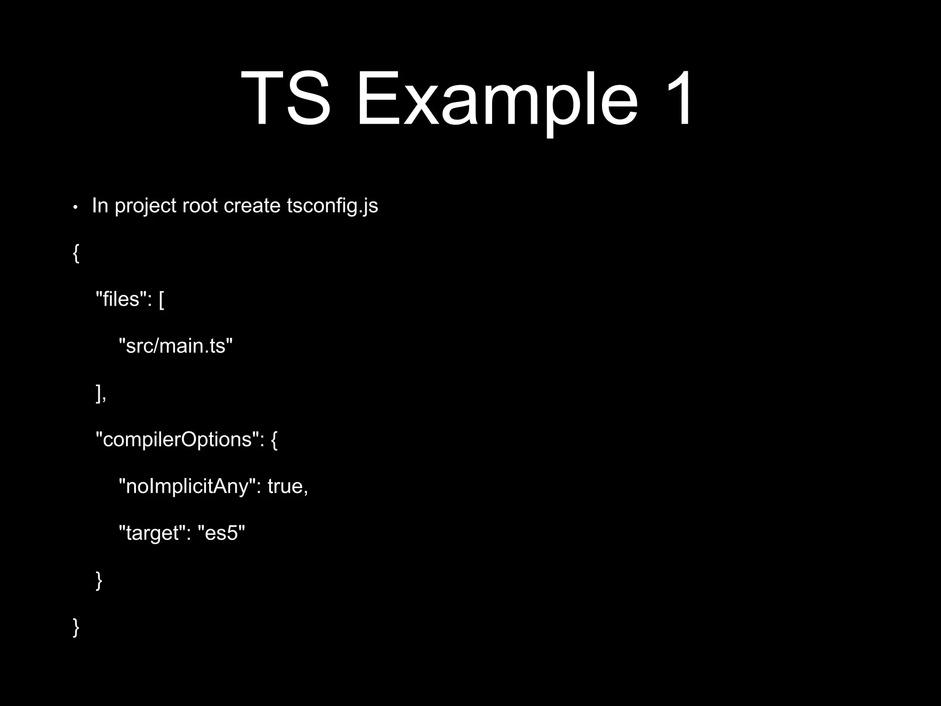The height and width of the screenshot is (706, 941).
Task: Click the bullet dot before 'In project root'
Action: (75, 207)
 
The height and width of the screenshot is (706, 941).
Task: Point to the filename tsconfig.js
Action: (332, 206)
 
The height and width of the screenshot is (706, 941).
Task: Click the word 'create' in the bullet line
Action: (252, 205)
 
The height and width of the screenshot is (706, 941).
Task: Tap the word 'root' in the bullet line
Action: (200, 205)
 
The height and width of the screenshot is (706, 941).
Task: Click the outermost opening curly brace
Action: (76, 253)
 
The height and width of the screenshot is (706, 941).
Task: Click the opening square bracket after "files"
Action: (161, 300)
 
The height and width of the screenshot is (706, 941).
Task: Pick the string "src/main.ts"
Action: (176, 346)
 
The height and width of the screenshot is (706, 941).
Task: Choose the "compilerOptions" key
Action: (177, 440)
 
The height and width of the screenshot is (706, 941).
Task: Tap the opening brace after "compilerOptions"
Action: (274, 440)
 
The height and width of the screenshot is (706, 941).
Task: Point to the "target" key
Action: (152, 533)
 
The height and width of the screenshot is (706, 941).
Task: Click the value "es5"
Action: (221, 533)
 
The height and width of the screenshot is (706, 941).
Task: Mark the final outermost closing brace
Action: (76, 627)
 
